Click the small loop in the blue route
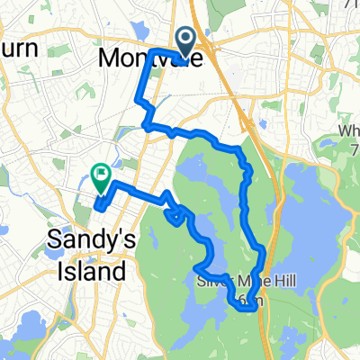177,214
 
